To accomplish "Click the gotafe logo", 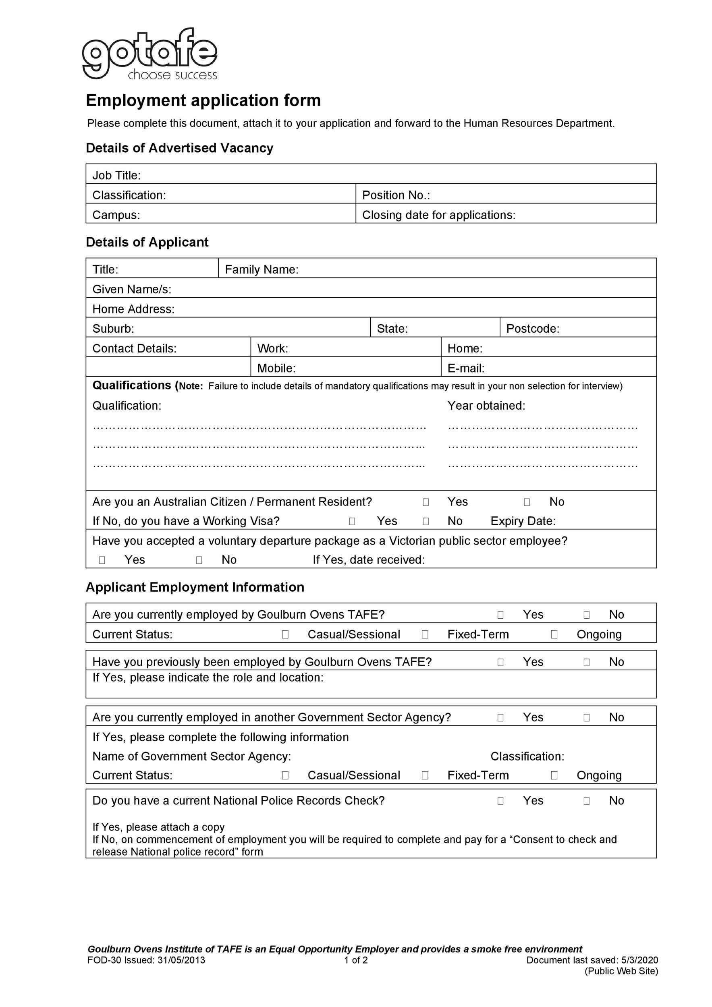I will click(x=149, y=54).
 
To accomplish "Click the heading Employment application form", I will click(x=203, y=100).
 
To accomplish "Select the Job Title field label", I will click(x=116, y=176).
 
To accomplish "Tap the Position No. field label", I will click(x=396, y=195).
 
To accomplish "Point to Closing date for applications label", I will click(x=438, y=215).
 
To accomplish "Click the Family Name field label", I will click(x=262, y=269).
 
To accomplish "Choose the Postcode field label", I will click(x=533, y=329).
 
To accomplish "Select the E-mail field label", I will click(x=465, y=368).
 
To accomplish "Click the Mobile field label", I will click(x=276, y=368).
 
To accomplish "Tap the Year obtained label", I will click(x=486, y=405).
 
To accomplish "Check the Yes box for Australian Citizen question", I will click(x=426, y=502).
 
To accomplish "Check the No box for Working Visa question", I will click(x=426, y=521).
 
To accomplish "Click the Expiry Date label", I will click(x=523, y=521).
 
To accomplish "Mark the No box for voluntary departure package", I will click(x=199, y=559).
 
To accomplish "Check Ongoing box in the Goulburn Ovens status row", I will click(x=554, y=634).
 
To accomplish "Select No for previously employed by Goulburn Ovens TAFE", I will click(x=586, y=662).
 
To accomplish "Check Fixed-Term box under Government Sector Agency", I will click(x=425, y=775).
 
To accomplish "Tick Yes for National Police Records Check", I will click(x=500, y=801).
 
